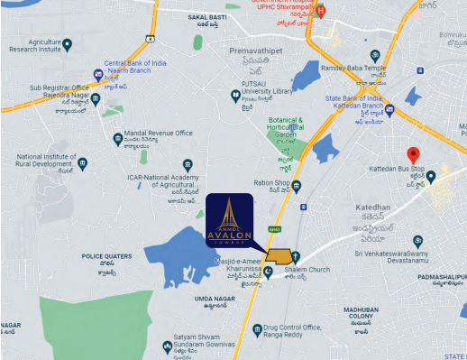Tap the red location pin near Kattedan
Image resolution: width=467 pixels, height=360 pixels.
(413, 154)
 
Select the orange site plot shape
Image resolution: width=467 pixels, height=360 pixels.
(279, 257)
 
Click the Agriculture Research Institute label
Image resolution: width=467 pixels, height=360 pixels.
(33, 46)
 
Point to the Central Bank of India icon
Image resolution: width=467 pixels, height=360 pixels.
(98, 74)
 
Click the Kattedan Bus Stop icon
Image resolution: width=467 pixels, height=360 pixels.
(431, 176)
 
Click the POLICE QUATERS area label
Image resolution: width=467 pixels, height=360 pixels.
(107, 257)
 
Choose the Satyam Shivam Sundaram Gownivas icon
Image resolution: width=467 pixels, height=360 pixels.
(167, 346)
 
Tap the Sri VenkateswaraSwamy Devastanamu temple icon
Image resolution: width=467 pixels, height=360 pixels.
(417, 241)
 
